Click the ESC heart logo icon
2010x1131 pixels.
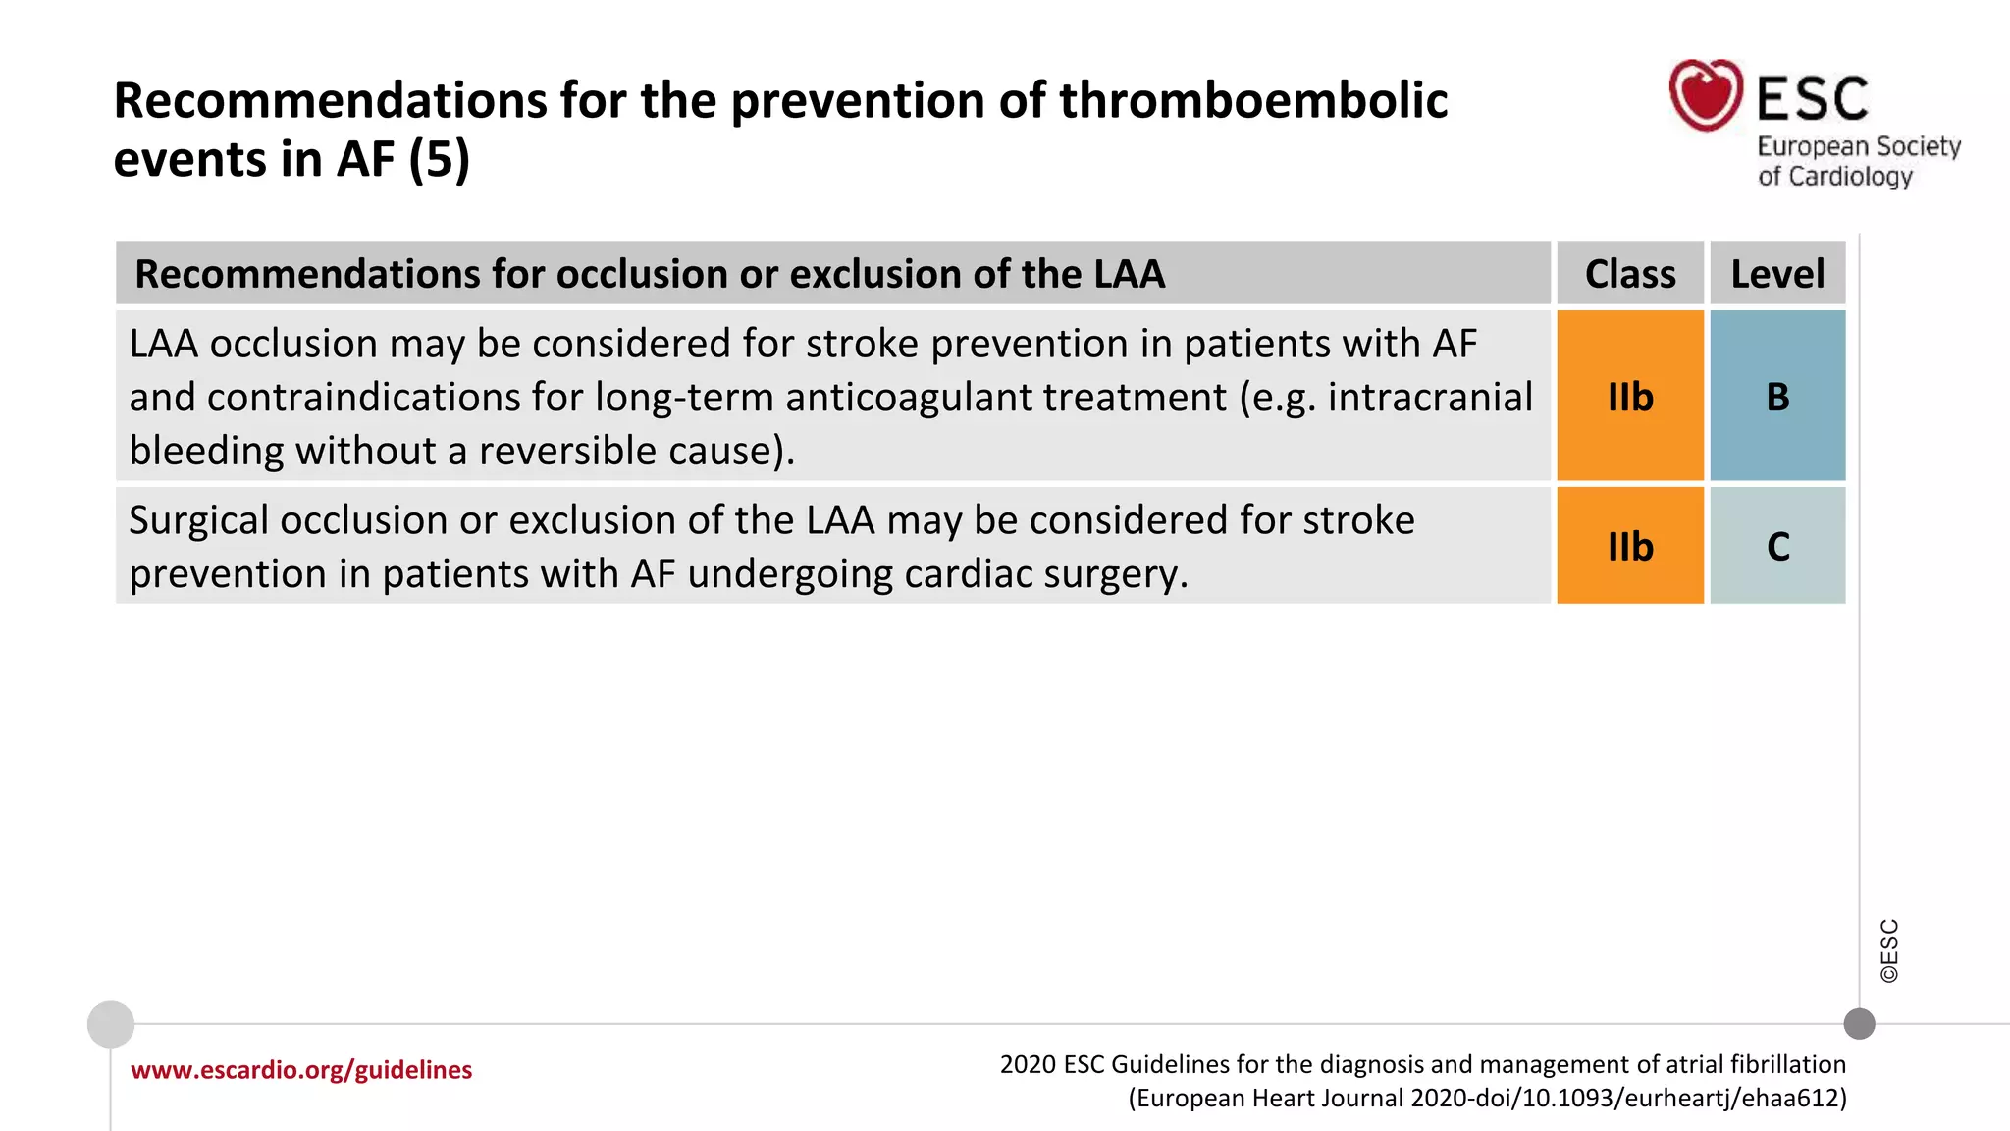tap(1706, 95)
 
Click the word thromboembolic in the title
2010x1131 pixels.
tap(1252, 101)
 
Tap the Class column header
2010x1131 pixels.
tap(1630, 274)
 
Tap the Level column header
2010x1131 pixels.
tap(1777, 274)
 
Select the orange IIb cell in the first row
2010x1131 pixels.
tap(1630, 397)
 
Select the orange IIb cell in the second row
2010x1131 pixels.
tap(1630, 546)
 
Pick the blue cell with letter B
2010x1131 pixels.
tap(1777, 397)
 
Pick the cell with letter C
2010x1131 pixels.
tap(1777, 546)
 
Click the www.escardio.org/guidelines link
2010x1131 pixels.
tap(301, 1069)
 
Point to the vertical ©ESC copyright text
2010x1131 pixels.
tap(1889, 950)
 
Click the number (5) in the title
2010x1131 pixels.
tap(439, 159)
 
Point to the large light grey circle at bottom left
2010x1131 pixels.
tap(111, 1024)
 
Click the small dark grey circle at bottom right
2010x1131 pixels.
tap(1859, 1024)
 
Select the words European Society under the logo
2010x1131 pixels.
tap(1858, 147)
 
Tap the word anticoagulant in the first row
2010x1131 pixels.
tap(908, 398)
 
